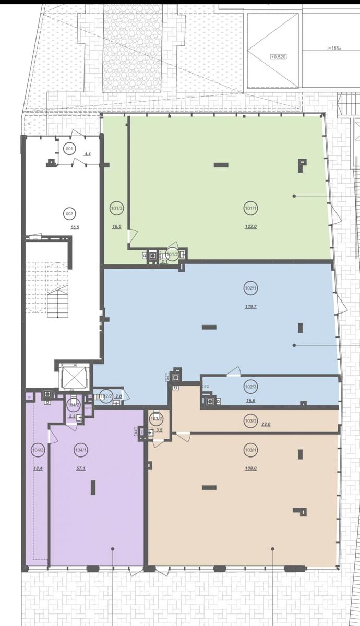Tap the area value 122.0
point(250,227)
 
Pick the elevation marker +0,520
point(278,57)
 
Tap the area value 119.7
point(250,306)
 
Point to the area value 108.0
point(251,468)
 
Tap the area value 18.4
point(38,468)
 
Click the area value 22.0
point(266,425)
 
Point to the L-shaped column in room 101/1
point(302,165)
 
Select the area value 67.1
point(81,468)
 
